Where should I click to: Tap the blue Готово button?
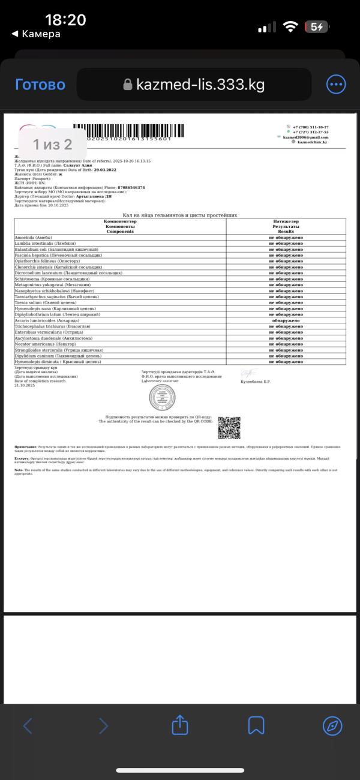click(40, 85)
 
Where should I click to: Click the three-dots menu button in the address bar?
click(335, 84)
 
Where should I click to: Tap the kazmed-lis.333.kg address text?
click(200, 84)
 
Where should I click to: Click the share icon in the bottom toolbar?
click(180, 725)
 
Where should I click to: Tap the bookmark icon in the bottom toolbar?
click(256, 725)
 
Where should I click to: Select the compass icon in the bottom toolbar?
click(332, 725)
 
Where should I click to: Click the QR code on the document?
click(229, 427)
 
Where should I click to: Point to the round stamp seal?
click(162, 397)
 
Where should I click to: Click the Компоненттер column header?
click(120, 221)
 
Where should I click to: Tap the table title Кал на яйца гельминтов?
click(180, 215)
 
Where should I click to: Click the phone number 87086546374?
click(131, 187)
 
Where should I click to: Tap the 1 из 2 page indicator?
click(52, 144)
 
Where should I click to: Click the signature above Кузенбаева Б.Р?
click(248, 373)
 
